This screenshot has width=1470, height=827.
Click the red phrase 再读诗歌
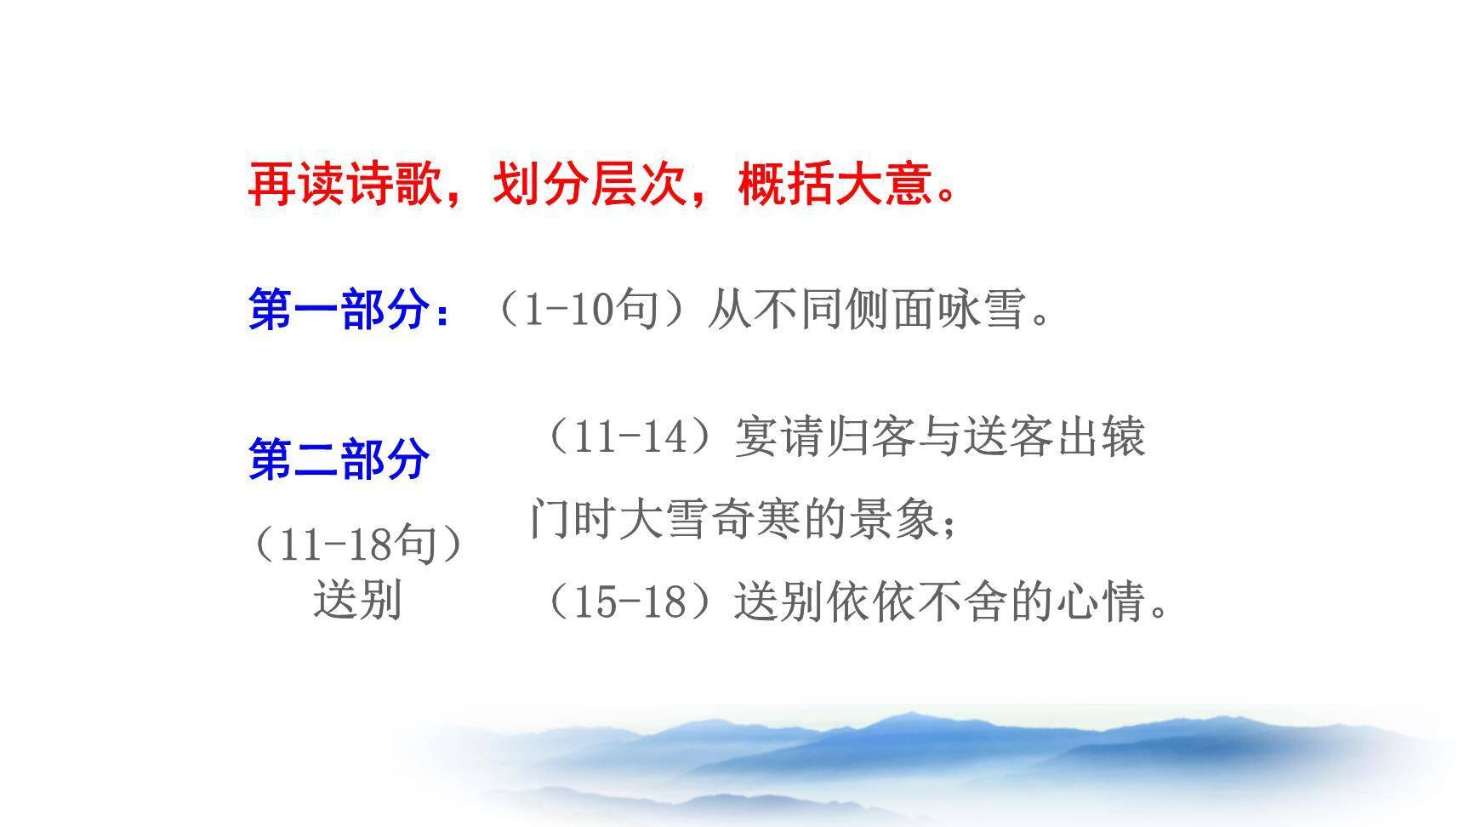[345, 184]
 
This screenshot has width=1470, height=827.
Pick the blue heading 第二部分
[339, 459]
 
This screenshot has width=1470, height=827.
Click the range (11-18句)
[357, 544]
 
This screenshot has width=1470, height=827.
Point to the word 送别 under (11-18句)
[357, 600]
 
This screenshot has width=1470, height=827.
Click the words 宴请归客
[823, 436]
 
